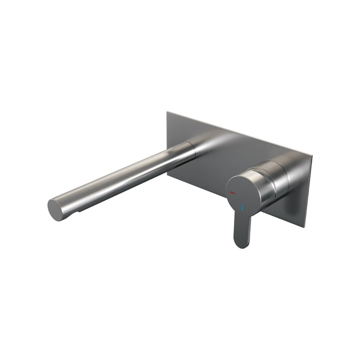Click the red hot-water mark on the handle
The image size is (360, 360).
coord(233,193)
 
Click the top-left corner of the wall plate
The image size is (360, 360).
coord(167,112)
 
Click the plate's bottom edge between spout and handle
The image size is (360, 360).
coord(200,188)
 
